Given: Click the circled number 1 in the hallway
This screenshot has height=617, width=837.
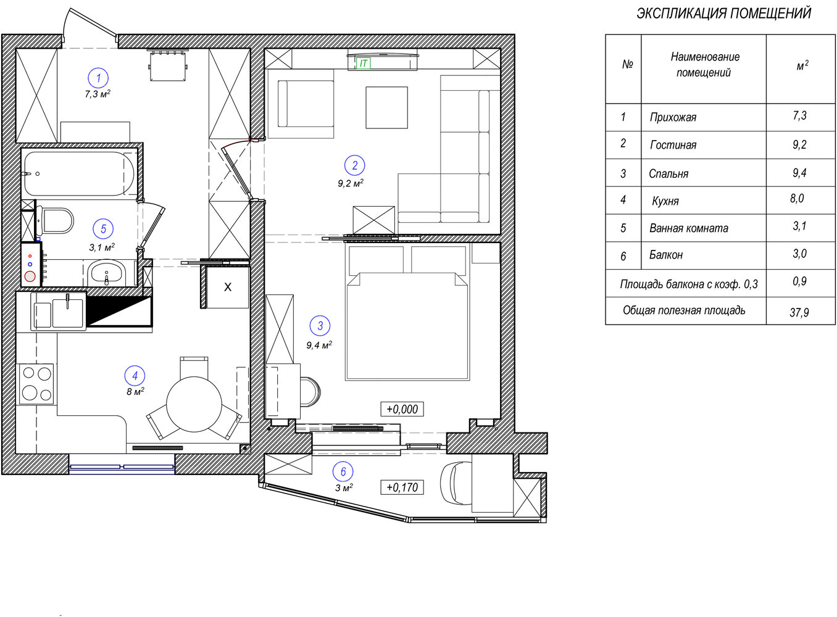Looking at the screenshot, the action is click(x=98, y=78).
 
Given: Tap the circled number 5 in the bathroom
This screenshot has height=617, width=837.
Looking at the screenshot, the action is click(x=104, y=229).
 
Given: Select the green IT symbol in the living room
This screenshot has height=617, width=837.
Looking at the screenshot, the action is click(x=363, y=64).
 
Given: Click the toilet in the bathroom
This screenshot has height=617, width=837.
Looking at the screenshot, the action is click(x=56, y=220).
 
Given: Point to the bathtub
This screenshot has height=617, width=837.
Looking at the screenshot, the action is click(x=79, y=173).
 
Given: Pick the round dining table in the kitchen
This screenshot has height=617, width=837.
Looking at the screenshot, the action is click(x=194, y=405).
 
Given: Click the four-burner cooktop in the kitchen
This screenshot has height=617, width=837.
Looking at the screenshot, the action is click(x=36, y=384).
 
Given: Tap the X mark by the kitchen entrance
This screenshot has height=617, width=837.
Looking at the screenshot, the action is click(x=228, y=287).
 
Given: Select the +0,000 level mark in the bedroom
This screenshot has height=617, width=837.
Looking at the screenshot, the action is click(x=402, y=409).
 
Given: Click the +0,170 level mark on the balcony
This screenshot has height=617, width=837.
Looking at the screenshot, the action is click(x=402, y=487).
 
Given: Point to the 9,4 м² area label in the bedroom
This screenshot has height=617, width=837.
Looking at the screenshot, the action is click(x=319, y=345).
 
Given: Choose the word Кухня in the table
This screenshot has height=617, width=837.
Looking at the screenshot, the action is click(x=665, y=201).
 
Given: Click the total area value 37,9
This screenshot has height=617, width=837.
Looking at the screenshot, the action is click(x=799, y=312).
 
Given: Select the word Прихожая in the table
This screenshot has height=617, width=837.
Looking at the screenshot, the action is click(x=673, y=117).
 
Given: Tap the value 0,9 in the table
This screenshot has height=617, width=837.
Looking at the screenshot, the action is click(x=799, y=281).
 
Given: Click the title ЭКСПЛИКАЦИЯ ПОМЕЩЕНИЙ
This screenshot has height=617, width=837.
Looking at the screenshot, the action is click(x=724, y=14).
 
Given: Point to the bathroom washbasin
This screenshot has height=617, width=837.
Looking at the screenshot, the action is click(x=107, y=273).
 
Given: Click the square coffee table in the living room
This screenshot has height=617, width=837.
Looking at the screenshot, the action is click(x=387, y=107).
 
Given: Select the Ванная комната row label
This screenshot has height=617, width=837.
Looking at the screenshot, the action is click(x=689, y=228).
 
